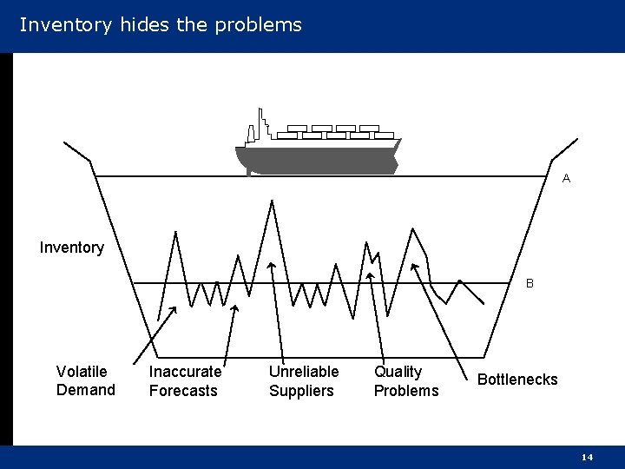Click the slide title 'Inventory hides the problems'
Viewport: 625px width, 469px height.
pos(161,24)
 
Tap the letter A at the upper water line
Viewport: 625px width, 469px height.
pos(566,178)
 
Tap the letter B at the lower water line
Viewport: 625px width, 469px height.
pos(530,283)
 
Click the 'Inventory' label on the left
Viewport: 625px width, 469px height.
pos(71,248)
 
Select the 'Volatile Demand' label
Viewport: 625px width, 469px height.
pos(85,380)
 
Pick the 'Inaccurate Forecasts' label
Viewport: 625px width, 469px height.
pos(185,380)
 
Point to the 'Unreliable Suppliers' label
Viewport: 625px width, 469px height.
pos(303,380)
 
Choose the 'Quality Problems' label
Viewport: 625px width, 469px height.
pos(405,380)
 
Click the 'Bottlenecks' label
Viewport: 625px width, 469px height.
pos(517,380)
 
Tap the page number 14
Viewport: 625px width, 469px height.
pos(587,457)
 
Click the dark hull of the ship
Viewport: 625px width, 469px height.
pos(317,161)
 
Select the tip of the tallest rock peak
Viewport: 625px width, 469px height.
pos(272,201)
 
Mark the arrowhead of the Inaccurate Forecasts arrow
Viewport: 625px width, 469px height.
pos(235,307)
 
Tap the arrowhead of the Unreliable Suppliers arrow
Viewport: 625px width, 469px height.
pos(271,265)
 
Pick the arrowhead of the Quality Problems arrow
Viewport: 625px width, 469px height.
pos(370,276)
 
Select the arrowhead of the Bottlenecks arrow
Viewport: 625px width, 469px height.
pos(415,266)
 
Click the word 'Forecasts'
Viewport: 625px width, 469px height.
pos(183,391)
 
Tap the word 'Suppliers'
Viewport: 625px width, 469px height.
pos(301,391)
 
